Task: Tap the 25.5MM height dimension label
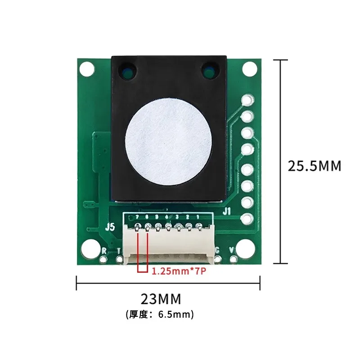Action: click(315, 166)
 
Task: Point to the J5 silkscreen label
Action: click(110, 227)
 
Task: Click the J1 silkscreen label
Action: click(227, 210)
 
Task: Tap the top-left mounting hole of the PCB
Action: click(87, 69)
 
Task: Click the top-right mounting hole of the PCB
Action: click(249, 69)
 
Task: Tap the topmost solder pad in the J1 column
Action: click(247, 100)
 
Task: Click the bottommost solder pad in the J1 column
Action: click(247, 219)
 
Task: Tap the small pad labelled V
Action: click(233, 259)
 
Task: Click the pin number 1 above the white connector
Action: click(198, 217)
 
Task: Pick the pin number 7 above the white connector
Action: click(138, 217)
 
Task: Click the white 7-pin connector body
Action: click(167, 245)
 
